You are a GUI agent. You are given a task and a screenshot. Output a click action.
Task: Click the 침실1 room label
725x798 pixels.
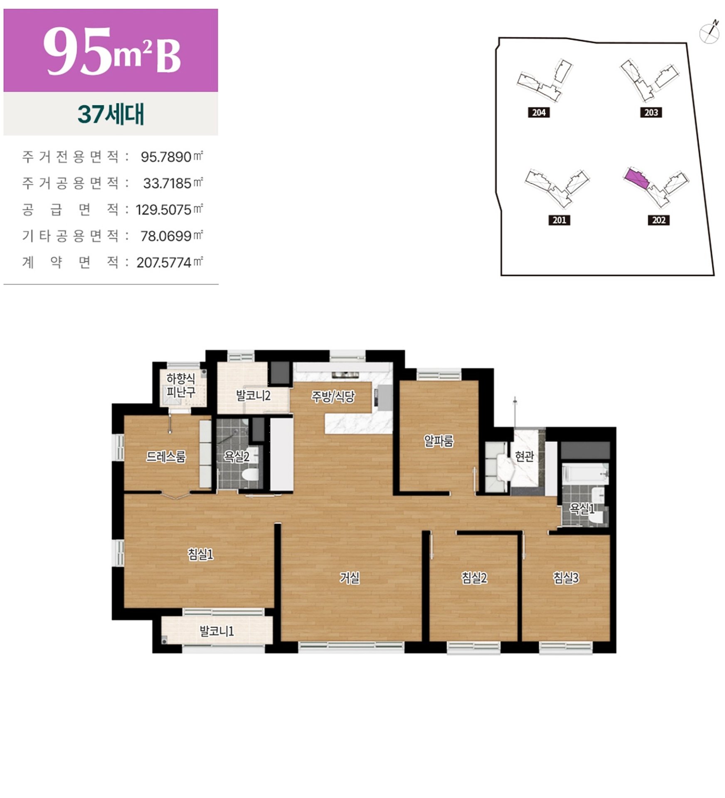click(x=200, y=554)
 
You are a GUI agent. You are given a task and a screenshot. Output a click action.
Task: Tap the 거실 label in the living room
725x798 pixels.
click(x=349, y=578)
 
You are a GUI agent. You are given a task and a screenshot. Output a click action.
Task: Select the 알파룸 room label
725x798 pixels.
click(x=439, y=441)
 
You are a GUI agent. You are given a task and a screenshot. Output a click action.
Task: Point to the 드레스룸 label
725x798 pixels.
click(x=166, y=457)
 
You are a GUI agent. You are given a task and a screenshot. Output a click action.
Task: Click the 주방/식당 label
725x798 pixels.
click(x=333, y=397)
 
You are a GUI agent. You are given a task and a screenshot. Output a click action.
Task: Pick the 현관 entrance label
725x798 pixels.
click(x=524, y=456)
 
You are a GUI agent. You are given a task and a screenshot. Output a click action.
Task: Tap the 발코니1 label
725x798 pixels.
click(x=217, y=631)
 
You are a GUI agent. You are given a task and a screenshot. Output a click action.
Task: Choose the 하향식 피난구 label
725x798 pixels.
click(x=180, y=385)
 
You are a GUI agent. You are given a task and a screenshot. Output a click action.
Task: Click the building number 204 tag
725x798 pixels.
click(x=539, y=112)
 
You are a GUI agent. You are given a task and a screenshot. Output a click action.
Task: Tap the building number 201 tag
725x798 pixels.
click(x=559, y=220)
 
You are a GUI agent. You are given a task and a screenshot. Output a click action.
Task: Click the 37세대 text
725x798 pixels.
click(x=111, y=114)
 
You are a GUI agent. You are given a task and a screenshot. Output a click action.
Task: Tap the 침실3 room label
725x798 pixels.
click(x=565, y=578)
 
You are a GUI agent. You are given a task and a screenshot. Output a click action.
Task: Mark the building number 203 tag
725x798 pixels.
click(x=651, y=112)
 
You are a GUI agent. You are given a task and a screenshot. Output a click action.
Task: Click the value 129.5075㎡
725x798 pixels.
click(x=169, y=209)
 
